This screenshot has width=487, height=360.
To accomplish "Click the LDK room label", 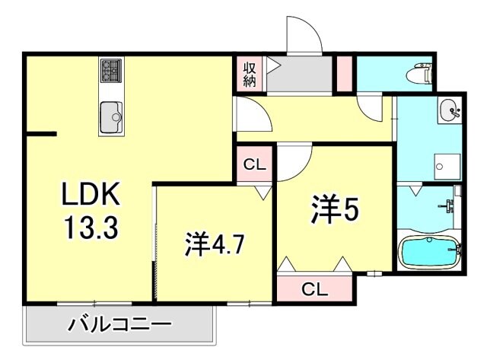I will pos(91,196).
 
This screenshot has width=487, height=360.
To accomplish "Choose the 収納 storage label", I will pos(249,75).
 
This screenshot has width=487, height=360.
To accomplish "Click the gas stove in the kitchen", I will pos(111,72).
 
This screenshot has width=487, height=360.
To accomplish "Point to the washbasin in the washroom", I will pos(449,112).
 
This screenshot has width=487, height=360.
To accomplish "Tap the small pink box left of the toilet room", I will pos(344,70).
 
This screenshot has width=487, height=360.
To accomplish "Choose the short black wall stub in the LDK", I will pos(41,135).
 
